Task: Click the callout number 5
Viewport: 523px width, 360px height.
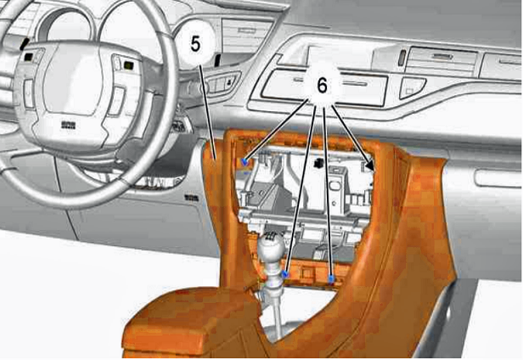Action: point(196,43)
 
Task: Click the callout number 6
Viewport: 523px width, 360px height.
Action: point(323,86)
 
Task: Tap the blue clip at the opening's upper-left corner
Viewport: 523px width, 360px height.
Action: point(245,162)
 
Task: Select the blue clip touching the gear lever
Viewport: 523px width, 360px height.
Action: point(285,274)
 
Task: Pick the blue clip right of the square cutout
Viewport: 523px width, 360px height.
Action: point(331,279)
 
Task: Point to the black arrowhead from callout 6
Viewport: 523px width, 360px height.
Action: point(369,165)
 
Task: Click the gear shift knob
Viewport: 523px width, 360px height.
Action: point(272,248)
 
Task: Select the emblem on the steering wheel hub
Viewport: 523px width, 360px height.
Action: point(69,125)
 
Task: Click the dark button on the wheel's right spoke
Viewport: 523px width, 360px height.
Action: point(128,65)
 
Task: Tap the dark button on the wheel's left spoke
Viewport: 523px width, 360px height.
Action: point(28,57)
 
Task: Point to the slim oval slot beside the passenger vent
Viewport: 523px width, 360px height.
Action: point(402,58)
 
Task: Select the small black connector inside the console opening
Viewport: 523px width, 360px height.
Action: point(318,164)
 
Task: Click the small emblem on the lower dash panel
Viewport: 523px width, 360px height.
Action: point(192,198)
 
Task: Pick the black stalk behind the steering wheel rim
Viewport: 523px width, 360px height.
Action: point(218,60)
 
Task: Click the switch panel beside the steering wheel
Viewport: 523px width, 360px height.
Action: point(222,83)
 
